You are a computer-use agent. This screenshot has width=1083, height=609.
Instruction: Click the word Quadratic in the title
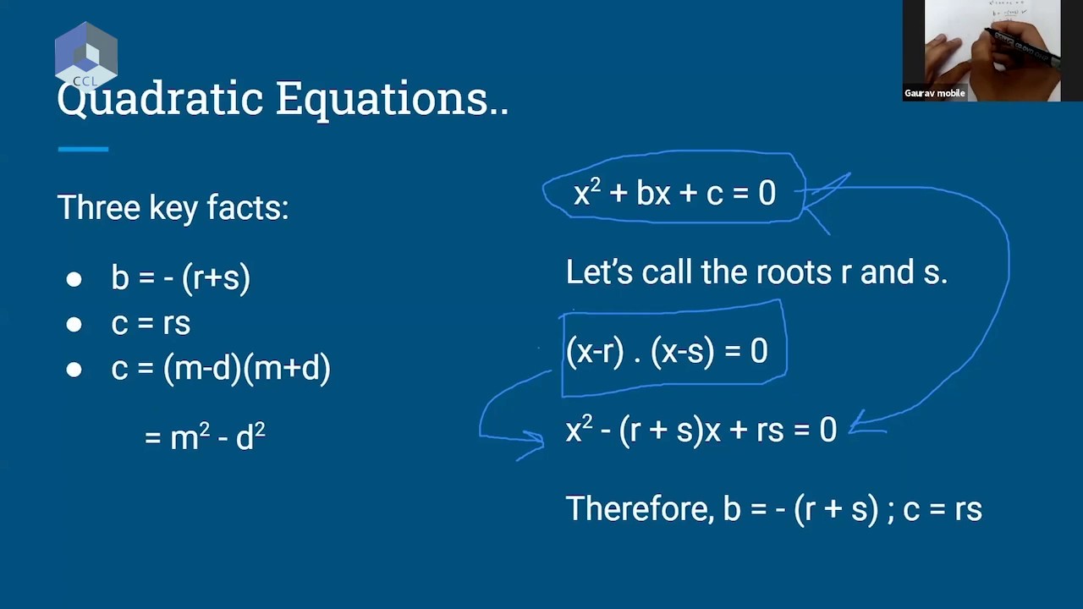coord(161,99)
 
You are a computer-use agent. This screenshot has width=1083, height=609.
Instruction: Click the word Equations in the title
coord(383,99)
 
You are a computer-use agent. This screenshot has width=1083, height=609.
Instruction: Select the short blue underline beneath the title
coord(83,149)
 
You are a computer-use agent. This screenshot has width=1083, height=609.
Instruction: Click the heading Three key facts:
coord(173,207)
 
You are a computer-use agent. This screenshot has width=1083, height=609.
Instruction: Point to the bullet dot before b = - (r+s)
coord(74,279)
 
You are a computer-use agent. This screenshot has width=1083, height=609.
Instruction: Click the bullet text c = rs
coord(151,323)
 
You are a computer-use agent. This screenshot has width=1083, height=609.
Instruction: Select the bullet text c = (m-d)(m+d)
coord(221,369)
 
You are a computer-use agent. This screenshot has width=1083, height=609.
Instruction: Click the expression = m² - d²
coord(206,437)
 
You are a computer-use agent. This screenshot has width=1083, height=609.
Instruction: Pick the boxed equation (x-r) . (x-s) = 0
coord(667,350)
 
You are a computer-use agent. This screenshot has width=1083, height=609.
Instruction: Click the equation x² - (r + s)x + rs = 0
coord(701,431)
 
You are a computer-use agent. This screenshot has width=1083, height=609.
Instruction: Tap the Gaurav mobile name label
coord(935,93)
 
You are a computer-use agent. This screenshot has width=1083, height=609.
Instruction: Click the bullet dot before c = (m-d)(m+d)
coord(74,370)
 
